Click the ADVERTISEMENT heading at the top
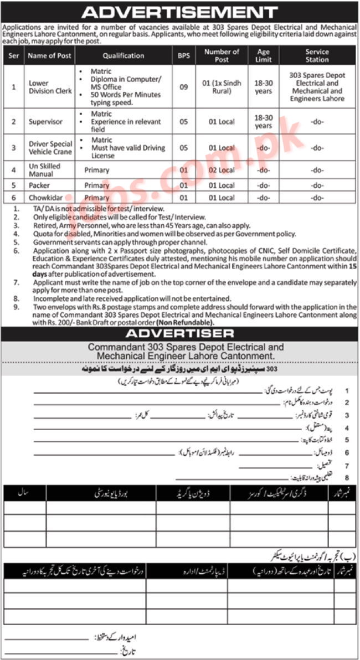pos(179,12)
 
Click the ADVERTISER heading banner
pos(179,333)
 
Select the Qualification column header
pos(123,55)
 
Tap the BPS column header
pos(183,55)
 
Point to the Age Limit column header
pos(264,55)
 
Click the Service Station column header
pos(317,55)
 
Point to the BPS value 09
pos(183,87)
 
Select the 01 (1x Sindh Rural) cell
pos(221,87)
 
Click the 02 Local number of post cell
pos(221,170)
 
